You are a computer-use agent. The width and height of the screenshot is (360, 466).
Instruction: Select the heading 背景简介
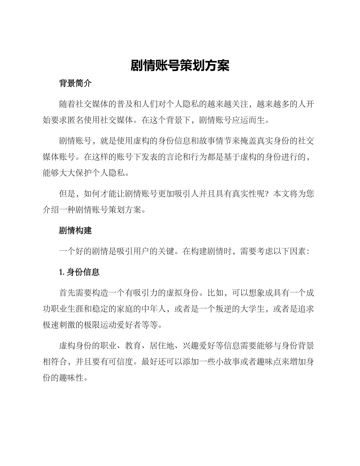click(x=75, y=84)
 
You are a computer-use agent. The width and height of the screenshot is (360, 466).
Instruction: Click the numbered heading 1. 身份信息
click(x=79, y=272)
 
